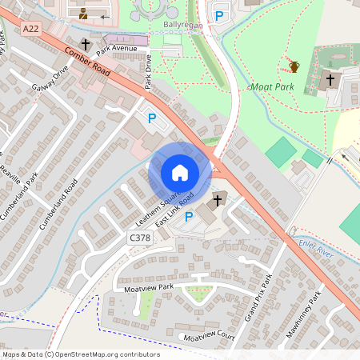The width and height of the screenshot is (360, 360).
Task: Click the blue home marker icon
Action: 180,173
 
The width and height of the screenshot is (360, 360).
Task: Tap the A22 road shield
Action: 31,29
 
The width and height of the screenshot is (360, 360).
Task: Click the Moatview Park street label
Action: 144,286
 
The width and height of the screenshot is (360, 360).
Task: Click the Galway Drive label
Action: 50,82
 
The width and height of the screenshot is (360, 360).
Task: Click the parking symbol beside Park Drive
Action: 151,118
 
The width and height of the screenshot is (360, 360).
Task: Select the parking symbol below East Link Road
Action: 189,216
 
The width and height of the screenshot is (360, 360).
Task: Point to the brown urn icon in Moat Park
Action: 294,66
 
